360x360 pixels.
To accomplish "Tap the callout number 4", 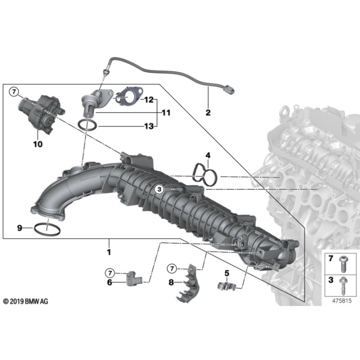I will [208, 155].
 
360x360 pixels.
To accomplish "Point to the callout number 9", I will [20, 228].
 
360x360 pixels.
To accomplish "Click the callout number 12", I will [148, 100].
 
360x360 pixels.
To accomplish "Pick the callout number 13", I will [148, 126].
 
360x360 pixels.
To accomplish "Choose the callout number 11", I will [165, 113].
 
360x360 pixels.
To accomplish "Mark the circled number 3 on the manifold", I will [159, 189].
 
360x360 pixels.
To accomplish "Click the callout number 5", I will [226, 273].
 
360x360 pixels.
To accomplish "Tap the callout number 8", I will [171, 282].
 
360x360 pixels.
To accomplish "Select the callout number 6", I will [109, 282].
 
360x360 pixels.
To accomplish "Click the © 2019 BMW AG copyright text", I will [25, 301].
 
